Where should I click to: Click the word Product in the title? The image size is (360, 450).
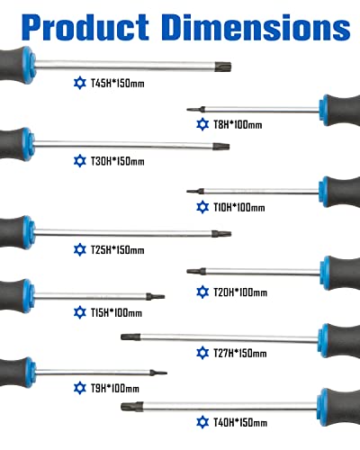tap(85, 27)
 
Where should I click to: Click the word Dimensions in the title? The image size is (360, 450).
tap(257, 27)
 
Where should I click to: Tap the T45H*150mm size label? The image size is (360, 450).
tap(118, 83)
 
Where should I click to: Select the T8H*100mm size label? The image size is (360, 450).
tap(238, 124)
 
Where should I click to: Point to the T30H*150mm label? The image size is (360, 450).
tap(118, 161)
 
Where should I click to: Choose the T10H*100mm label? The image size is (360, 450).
tap(239, 207)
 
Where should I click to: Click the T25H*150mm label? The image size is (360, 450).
tap(118, 249)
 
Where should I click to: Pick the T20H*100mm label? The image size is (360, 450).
tap(240, 292)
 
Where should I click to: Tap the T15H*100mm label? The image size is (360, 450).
tap(116, 312)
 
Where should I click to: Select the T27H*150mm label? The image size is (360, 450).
tap(240, 353)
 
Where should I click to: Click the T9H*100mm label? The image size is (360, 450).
tap(115, 388)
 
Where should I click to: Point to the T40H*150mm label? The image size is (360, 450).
tap(240, 422)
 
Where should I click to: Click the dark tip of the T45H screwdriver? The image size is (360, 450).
tap(223, 67)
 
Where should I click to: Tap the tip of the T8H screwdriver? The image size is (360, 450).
tap(187, 110)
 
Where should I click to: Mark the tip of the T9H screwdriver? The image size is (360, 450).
tap(166, 373)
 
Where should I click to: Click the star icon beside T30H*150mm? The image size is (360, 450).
tap(80, 161)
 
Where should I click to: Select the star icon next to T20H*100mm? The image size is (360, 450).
tap(202, 292)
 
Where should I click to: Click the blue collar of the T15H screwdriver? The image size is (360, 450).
tap(29, 296)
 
